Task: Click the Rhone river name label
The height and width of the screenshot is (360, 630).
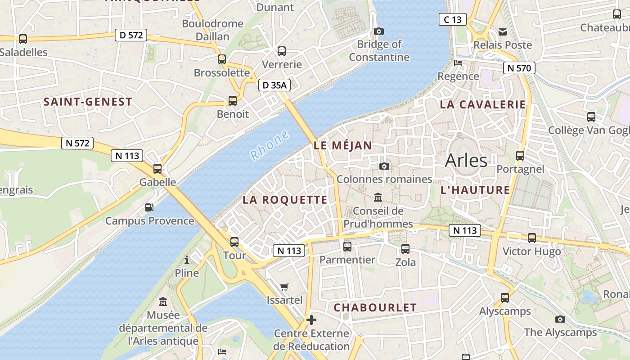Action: [x=270, y=145]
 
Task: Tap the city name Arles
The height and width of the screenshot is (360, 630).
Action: [x=466, y=160]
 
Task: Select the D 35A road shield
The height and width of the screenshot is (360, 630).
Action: [x=274, y=85]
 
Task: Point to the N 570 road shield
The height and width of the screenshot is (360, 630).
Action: [x=519, y=68]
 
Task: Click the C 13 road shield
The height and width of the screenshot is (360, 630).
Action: [x=453, y=19]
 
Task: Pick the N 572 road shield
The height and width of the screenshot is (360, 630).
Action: [x=77, y=143]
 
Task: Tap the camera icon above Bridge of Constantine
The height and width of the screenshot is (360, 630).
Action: [x=379, y=31]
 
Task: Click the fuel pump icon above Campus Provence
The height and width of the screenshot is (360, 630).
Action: [x=149, y=207]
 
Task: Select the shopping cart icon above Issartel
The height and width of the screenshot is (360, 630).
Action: [x=284, y=287]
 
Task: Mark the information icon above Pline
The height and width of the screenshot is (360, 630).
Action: [x=187, y=260]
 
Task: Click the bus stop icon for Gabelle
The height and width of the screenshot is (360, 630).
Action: [x=157, y=169]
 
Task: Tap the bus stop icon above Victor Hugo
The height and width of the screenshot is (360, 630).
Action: [x=532, y=238]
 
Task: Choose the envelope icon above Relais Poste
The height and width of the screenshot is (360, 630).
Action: [x=503, y=31]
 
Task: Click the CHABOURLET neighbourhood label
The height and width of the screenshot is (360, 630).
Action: [x=375, y=307]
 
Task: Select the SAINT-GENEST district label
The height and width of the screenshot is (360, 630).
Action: [x=88, y=102]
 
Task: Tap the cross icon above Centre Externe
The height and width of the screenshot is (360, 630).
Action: [x=311, y=320]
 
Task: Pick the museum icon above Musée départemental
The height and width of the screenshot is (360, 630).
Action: [x=163, y=301]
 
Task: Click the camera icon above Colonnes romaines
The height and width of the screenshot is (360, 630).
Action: [x=384, y=166]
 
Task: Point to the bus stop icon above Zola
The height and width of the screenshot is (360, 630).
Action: [x=405, y=248]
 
